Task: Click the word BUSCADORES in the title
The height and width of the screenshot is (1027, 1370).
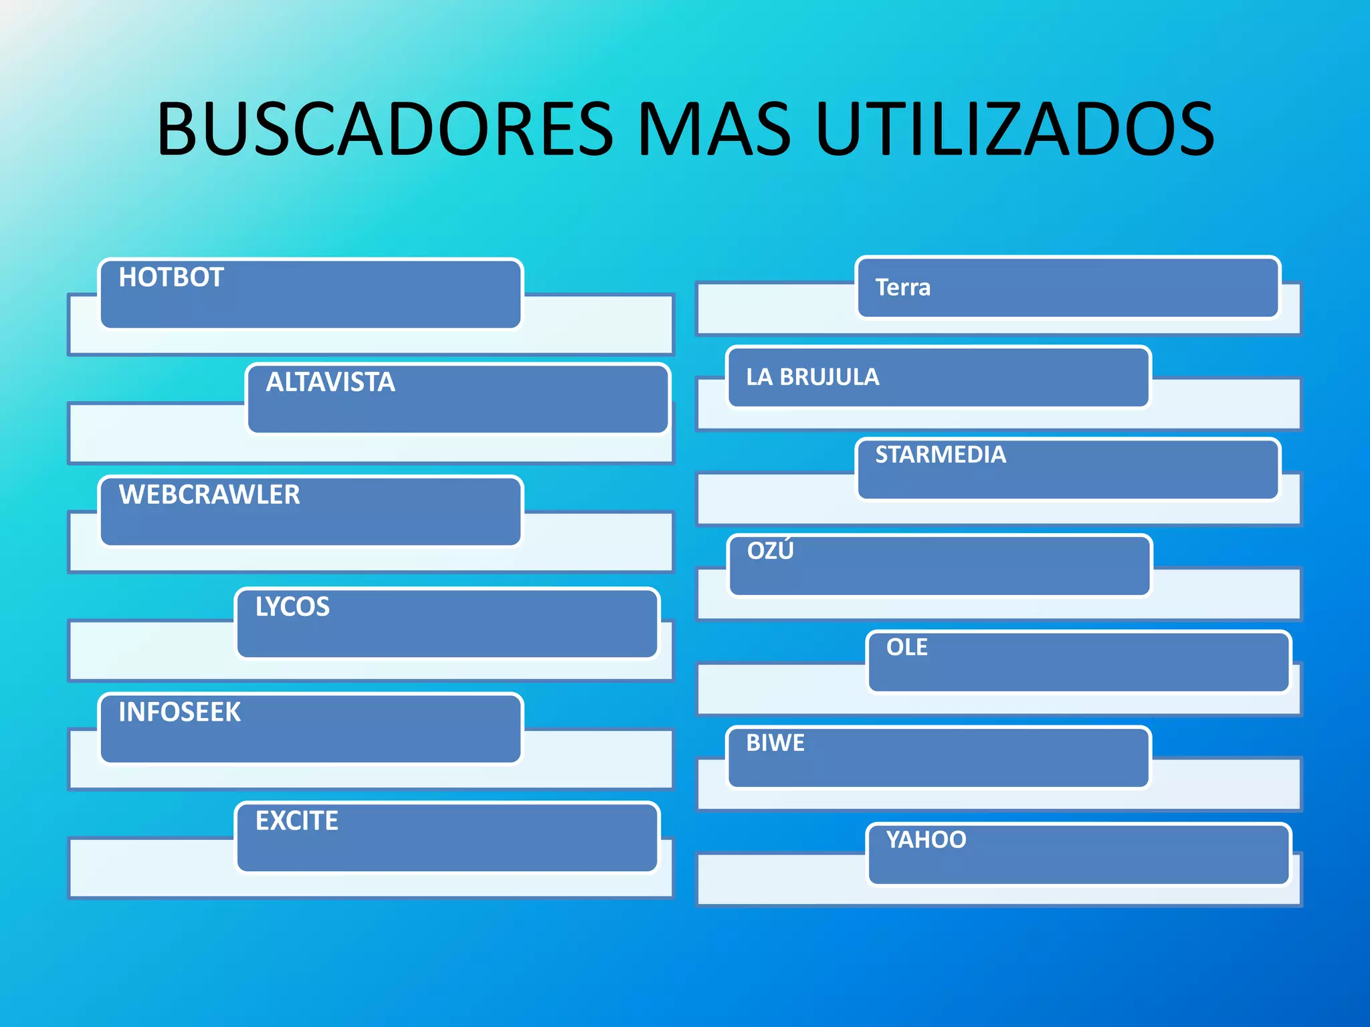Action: (385, 129)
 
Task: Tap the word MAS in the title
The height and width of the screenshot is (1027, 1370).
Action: (714, 129)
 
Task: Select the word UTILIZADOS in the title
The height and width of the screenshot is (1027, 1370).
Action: (1015, 129)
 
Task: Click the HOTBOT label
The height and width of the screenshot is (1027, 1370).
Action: (171, 277)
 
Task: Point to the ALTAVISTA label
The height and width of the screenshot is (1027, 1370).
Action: (330, 382)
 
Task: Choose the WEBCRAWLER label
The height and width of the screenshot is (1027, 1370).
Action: (209, 495)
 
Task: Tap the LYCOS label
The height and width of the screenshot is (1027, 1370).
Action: (292, 607)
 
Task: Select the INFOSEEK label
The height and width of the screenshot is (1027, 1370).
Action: (179, 712)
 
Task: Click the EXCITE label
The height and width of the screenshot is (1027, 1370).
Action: (297, 821)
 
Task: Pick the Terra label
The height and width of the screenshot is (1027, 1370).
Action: (902, 288)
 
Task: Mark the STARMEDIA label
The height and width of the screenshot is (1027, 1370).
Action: (941, 455)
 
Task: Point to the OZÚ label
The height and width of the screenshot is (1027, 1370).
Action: (771, 550)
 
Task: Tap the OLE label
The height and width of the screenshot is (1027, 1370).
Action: (907, 647)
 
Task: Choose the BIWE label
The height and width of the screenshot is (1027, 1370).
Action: (775, 743)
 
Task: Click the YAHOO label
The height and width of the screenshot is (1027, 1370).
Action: (926, 840)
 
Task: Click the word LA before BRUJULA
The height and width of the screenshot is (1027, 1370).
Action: (759, 377)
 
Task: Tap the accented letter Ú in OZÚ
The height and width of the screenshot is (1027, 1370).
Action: (785, 550)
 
